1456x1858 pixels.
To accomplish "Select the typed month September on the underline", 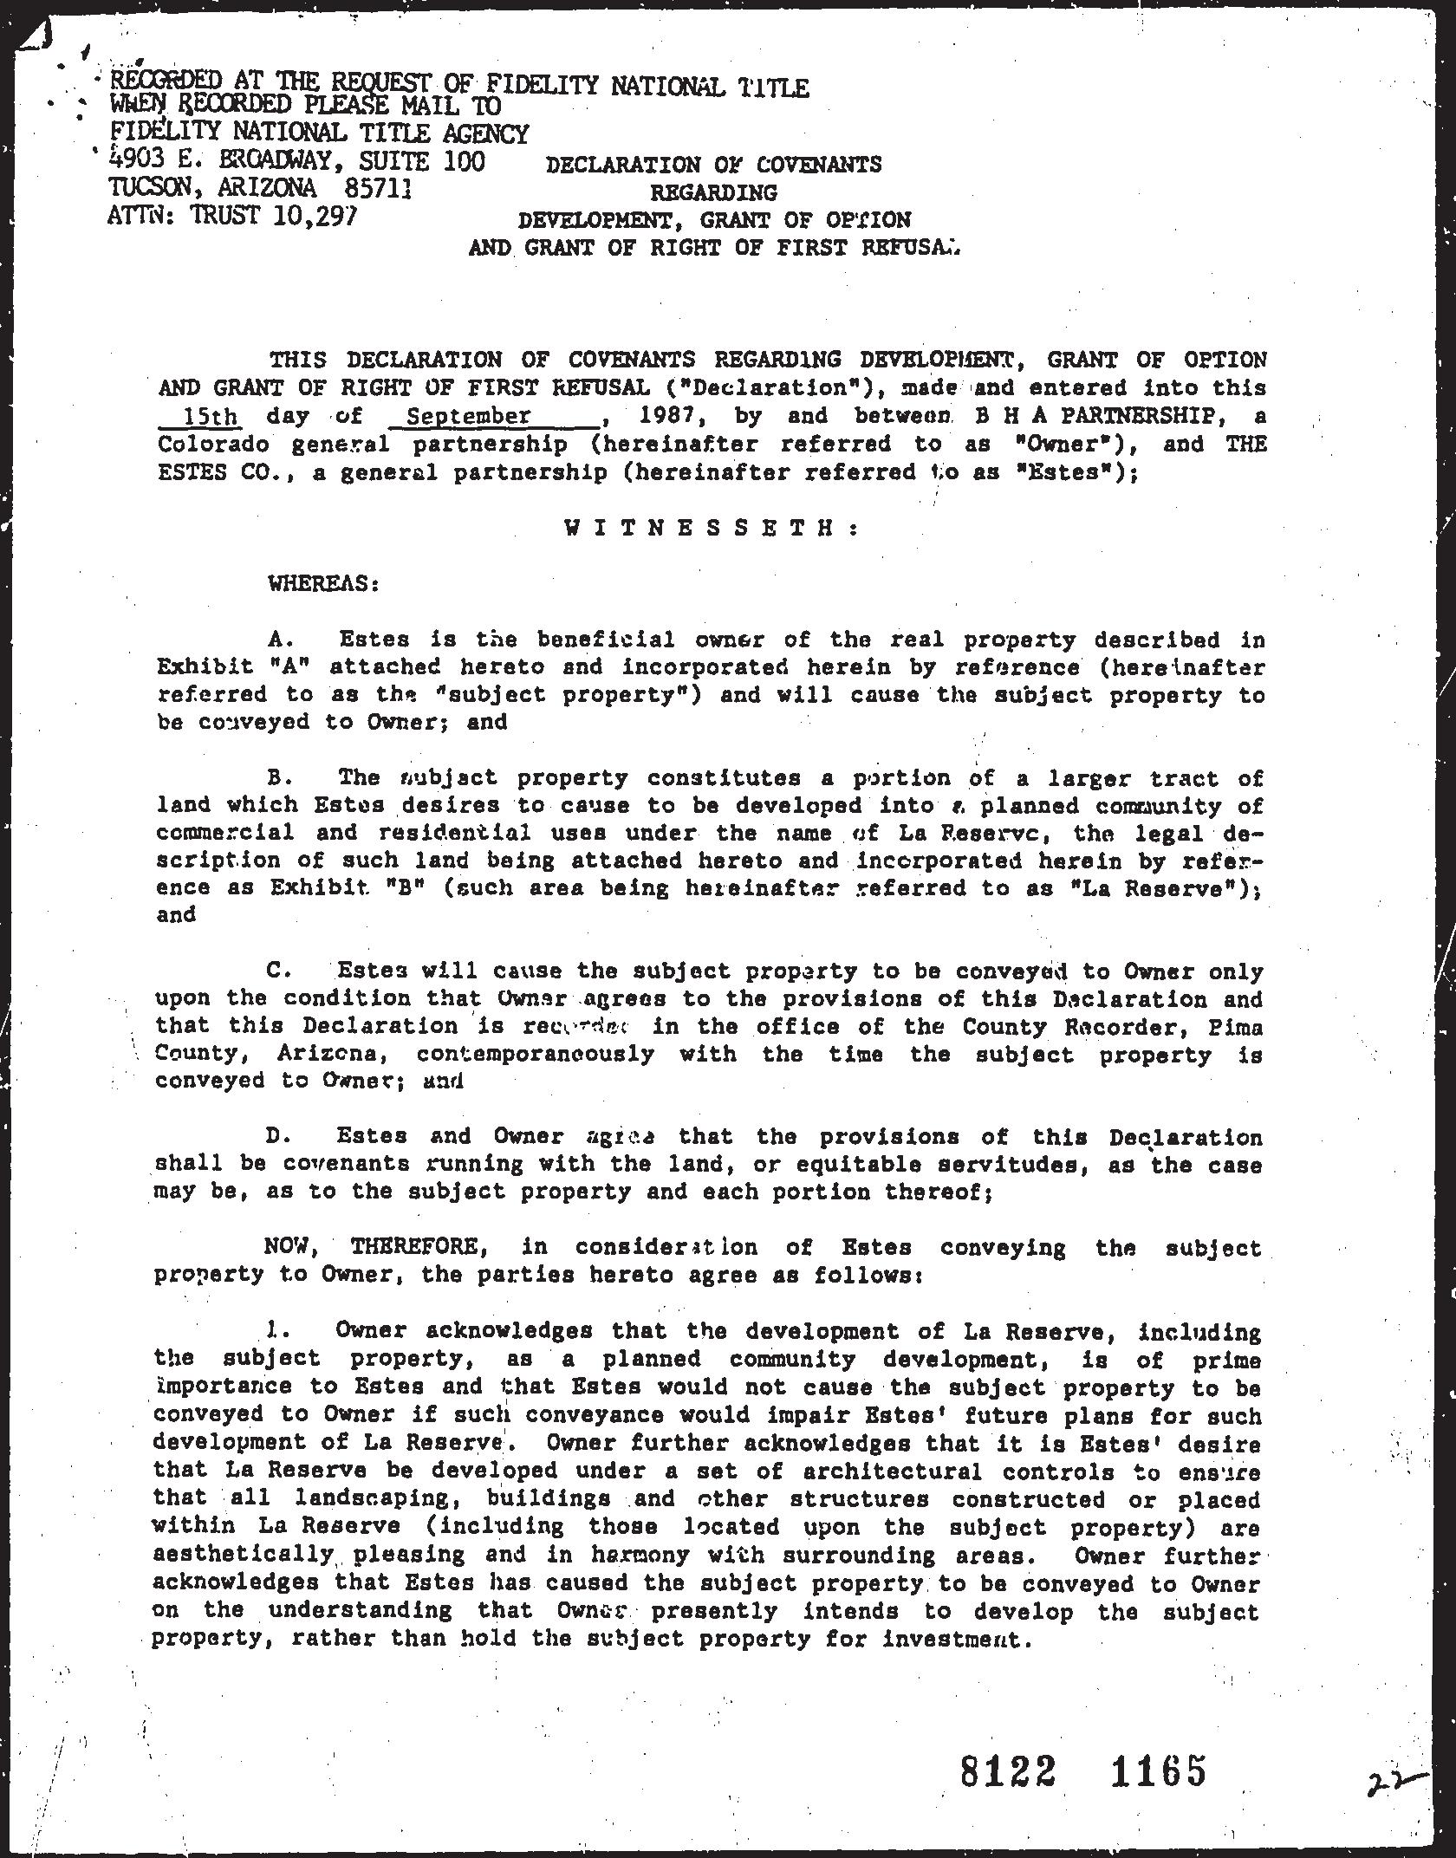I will tap(468, 416).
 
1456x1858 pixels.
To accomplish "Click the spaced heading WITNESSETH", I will tap(711, 528).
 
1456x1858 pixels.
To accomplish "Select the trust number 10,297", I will tap(312, 215).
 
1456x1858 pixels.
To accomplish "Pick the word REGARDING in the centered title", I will tap(713, 192).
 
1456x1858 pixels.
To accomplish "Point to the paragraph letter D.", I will tap(277, 1136).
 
